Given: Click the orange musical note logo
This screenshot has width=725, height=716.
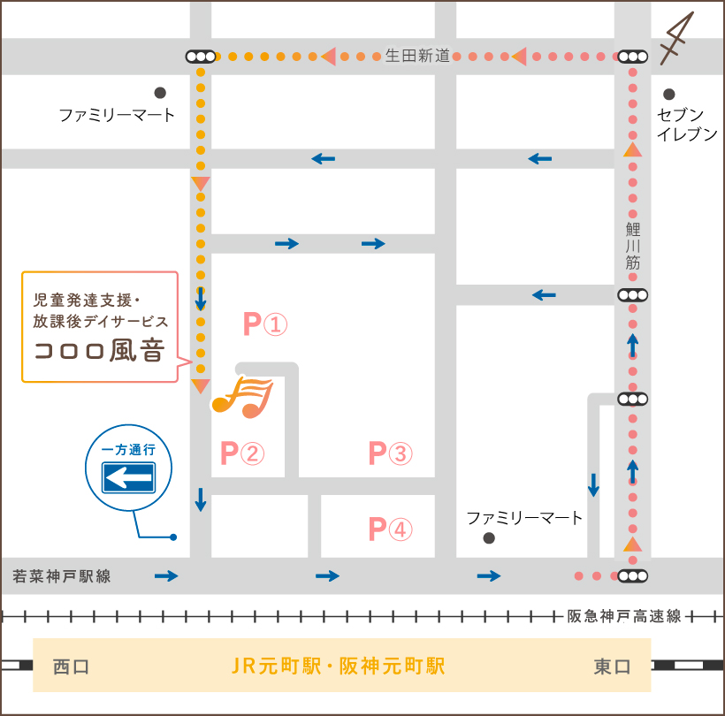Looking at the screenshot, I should click(242, 396).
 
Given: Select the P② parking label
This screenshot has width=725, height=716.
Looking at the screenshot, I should click(241, 454).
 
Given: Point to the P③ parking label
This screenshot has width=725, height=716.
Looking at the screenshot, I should click(390, 454).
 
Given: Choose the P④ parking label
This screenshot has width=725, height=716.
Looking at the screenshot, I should click(390, 530).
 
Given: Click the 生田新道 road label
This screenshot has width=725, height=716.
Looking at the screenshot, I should click(417, 56).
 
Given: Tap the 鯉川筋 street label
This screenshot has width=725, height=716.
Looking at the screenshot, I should click(632, 246).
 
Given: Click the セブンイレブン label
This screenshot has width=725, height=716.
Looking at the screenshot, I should click(686, 125).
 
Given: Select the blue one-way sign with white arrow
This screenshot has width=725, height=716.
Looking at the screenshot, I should click(129, 479).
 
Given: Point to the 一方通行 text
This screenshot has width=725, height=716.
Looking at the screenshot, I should click(129, 450).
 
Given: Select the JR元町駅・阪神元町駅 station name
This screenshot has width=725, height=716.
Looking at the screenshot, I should click(339, 666).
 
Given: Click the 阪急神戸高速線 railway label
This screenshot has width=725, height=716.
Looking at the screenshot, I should click(624, 616).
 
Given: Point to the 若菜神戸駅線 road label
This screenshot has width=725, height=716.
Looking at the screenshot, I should click(62, 576).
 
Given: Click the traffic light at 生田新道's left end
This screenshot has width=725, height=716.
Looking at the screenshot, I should click(201, 57).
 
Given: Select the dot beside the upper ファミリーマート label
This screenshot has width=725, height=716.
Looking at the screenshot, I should click(160, 92).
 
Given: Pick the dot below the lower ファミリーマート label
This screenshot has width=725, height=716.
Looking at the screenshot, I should click(489, 537).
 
